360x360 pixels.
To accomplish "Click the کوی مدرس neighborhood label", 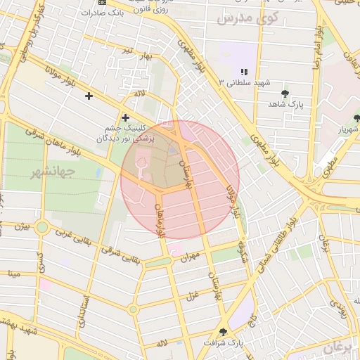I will coord(247,17).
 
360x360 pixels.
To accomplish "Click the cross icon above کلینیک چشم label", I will coord(125,117).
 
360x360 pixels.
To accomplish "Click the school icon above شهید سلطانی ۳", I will coord(244,72).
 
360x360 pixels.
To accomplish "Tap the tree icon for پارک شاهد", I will coord(285,94).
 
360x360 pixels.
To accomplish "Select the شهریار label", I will coord(347,129).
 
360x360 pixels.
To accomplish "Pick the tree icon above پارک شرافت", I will coord(223,332).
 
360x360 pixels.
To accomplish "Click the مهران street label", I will coord(190,257).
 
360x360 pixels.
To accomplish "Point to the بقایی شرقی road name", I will coord(120,256).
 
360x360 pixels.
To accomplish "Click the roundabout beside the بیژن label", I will coord(41,227).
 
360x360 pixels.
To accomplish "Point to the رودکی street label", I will coord(340,305).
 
